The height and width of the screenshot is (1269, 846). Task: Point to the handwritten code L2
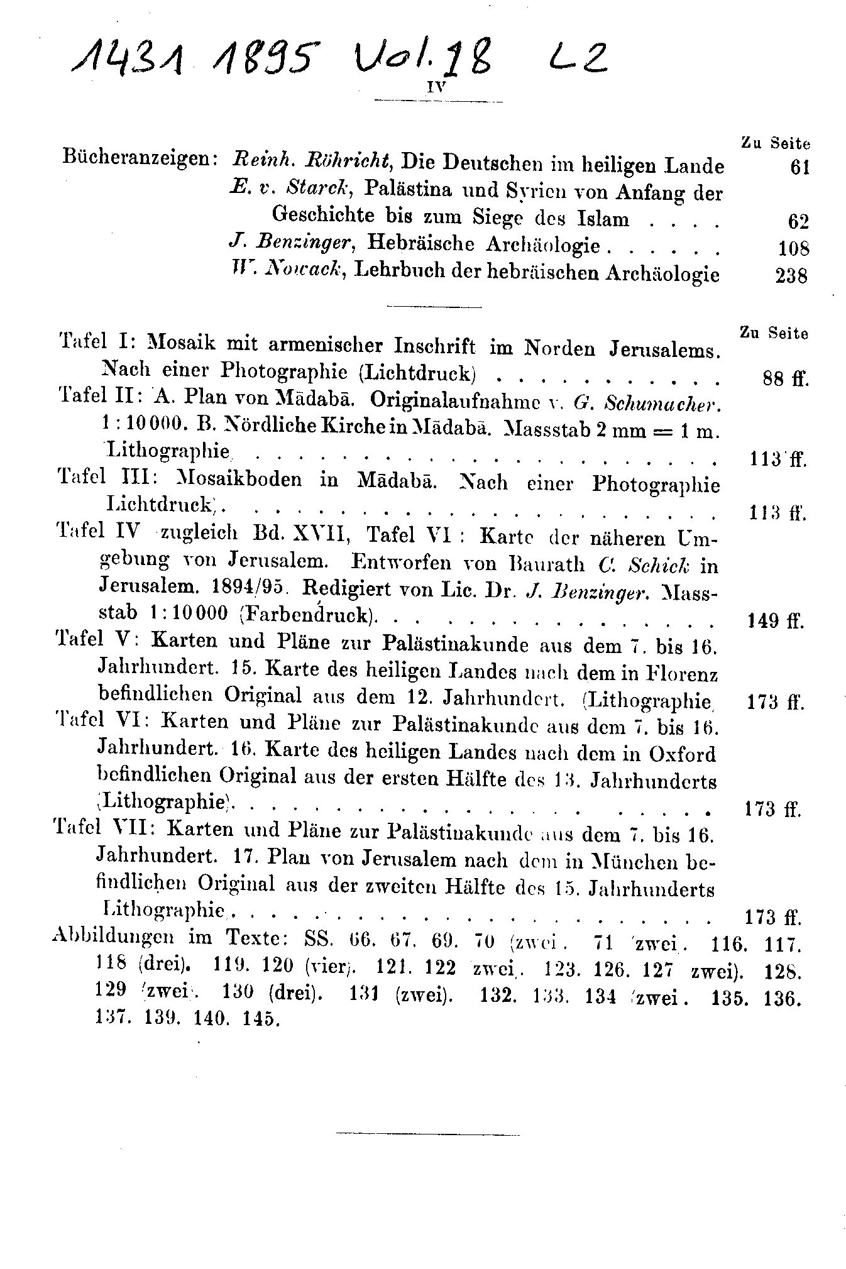(x=576, y=62)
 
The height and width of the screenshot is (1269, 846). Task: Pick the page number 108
(x=793, y=248)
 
